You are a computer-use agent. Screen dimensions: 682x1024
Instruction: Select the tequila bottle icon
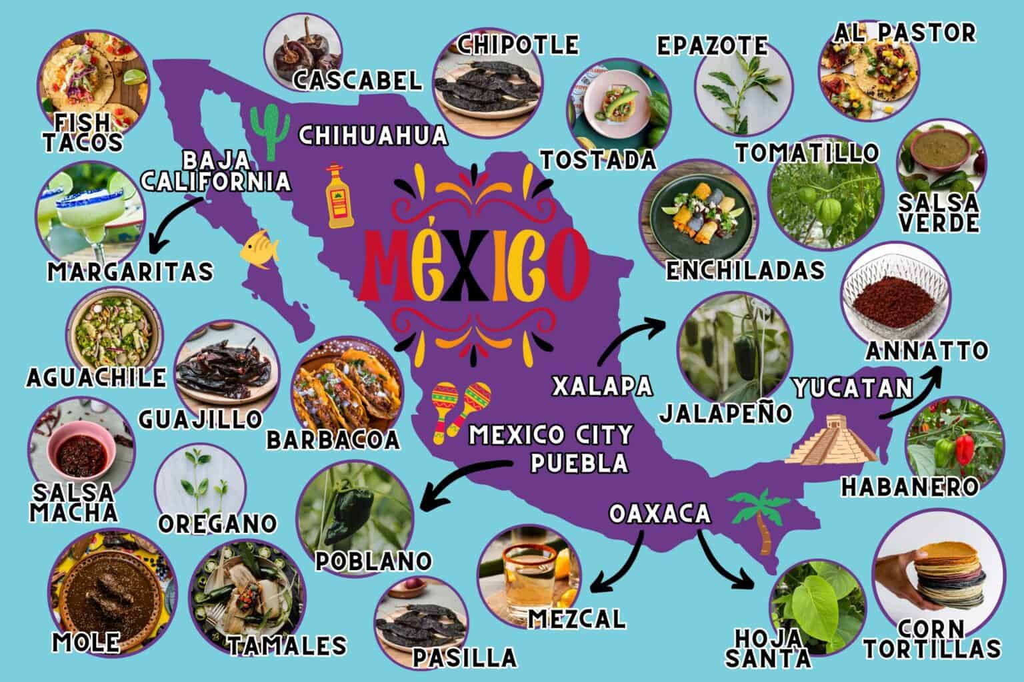click(337, 197)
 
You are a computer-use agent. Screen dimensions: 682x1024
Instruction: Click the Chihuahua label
click(372, 136)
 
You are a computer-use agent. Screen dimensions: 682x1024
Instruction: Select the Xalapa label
click(603, 385)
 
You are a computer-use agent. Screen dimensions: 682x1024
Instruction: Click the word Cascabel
click(357, 81)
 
